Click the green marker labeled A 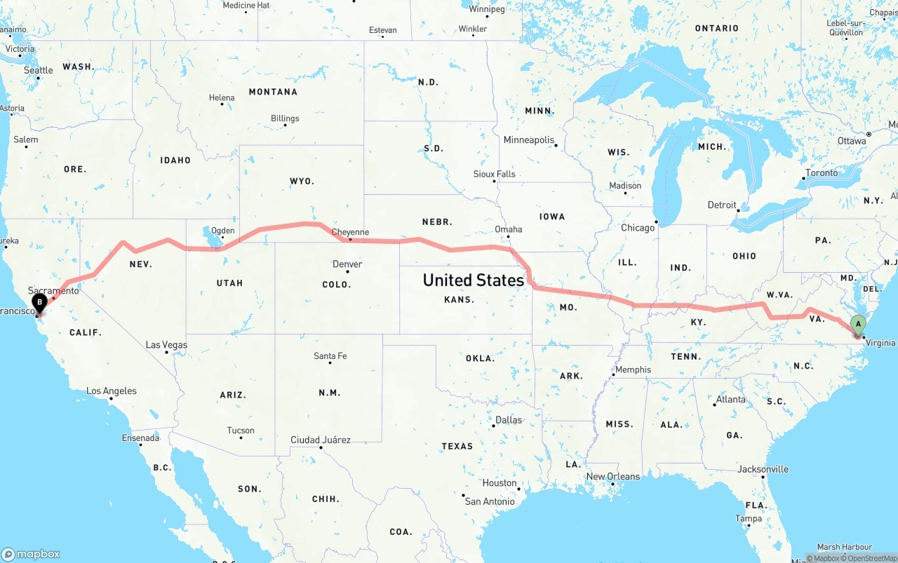coord(857,324)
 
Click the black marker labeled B coord(40,303)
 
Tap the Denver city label coord(347,264)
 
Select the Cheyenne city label coord(349,232)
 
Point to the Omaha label coord(508,229)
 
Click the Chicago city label coord(637,228)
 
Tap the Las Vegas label coord(166,345)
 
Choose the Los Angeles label coord(111,391)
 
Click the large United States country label coord(474,280)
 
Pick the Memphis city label coord(633,369)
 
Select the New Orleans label coord(613,477)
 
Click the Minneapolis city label coord(529,140)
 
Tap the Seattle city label coord(38,70)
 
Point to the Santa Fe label coord(330,356)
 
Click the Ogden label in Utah coord(223,230)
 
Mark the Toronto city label coord(821,173)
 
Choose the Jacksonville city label coord(763,470)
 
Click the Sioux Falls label coord(494,174)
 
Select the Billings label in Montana coord(285,118)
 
